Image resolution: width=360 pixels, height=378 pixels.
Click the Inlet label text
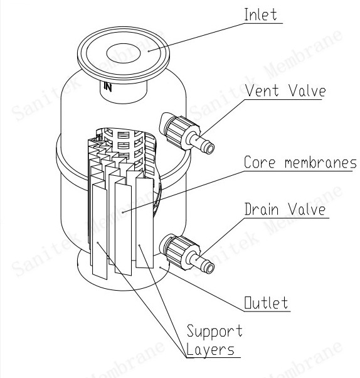(x=260, y=14)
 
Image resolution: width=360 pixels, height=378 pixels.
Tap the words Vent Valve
(x=285, y=90)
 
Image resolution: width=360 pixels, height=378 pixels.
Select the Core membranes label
(x=300, y=162)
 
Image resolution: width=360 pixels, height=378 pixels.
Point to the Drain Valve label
(x=285, y=209)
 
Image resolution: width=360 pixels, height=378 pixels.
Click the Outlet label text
(x=266, y=303)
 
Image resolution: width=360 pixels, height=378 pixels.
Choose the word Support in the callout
(x=214, y=332)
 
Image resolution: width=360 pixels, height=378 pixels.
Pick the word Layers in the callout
(x=210, y=349)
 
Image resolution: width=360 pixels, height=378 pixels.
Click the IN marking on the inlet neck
(x=108, y=87)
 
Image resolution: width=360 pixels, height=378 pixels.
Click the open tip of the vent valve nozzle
(x=209, y=149)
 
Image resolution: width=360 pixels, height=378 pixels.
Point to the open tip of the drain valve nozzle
(x=209, y=268)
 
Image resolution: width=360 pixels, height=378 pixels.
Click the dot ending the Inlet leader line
(x=149, y=51)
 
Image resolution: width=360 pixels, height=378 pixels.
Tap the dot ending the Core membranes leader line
(x=123, y=212)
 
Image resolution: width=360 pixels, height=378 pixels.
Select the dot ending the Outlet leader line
(x=161, y=267)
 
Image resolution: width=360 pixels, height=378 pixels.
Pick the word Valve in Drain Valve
(x=307, y=209)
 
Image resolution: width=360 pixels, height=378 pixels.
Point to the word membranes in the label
(x=320, y=162)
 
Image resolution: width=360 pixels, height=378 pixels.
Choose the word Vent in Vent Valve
(x=262, y=90)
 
